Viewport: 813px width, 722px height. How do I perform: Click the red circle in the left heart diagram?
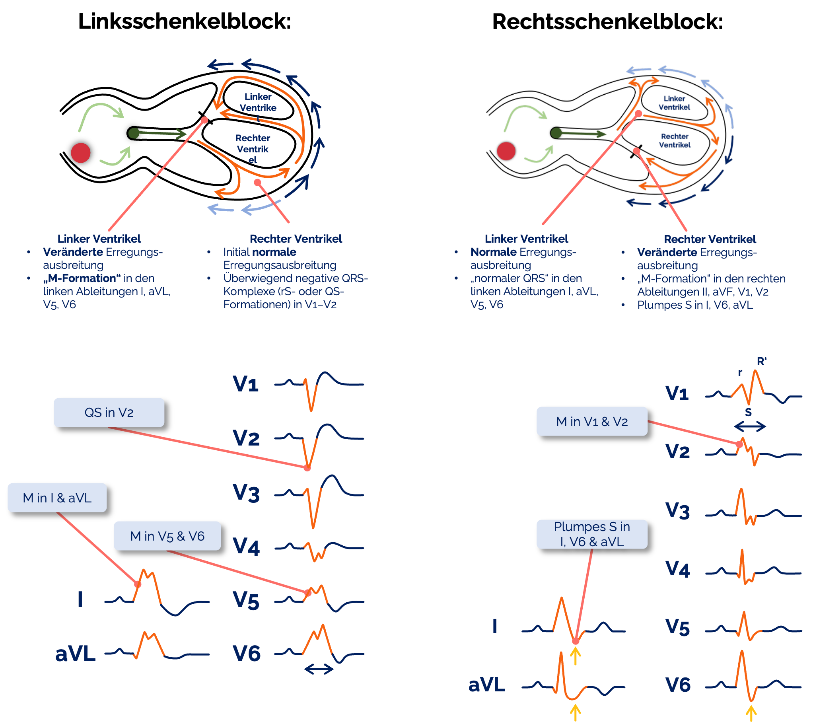pos(81,153)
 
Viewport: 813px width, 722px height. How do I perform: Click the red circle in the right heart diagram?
pos(506,151)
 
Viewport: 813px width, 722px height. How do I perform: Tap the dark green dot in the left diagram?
pos(134,133)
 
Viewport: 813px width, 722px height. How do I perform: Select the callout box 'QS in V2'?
pos(109,413)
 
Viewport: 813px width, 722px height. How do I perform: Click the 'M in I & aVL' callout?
pos(57,498)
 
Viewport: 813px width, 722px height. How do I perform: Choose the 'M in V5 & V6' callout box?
pos(167,536)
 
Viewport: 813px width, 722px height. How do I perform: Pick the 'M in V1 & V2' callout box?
pos(592,421)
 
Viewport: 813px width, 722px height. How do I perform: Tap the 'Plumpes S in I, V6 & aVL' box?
pos(592,534)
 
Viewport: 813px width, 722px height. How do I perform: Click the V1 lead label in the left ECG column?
pos(246,384)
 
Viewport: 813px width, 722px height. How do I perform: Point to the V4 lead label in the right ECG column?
pos(678,569)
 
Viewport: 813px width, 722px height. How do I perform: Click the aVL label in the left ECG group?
pos(76,654)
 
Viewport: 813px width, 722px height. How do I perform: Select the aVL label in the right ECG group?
pos(486,685)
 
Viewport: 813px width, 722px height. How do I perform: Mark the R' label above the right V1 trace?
pos(761,361)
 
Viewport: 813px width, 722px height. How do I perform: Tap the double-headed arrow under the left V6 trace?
pos(319,669)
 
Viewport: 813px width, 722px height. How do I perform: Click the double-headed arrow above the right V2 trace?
pos(750,426)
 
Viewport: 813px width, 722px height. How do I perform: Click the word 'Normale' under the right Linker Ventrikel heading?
pos(493,252)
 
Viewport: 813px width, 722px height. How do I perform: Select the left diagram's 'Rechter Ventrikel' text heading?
pos(296,239)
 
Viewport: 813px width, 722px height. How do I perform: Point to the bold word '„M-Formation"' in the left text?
pos(82,278)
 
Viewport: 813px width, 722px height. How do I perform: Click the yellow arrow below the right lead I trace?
pos(575,656)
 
